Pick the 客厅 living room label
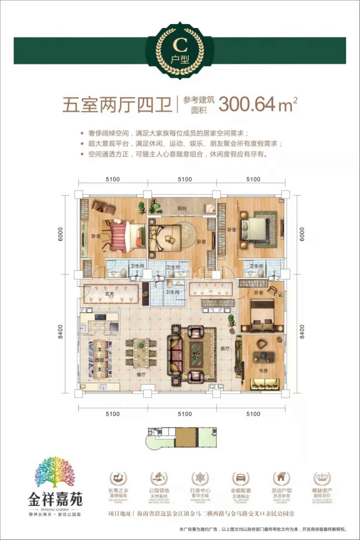[x=225, y=348]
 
